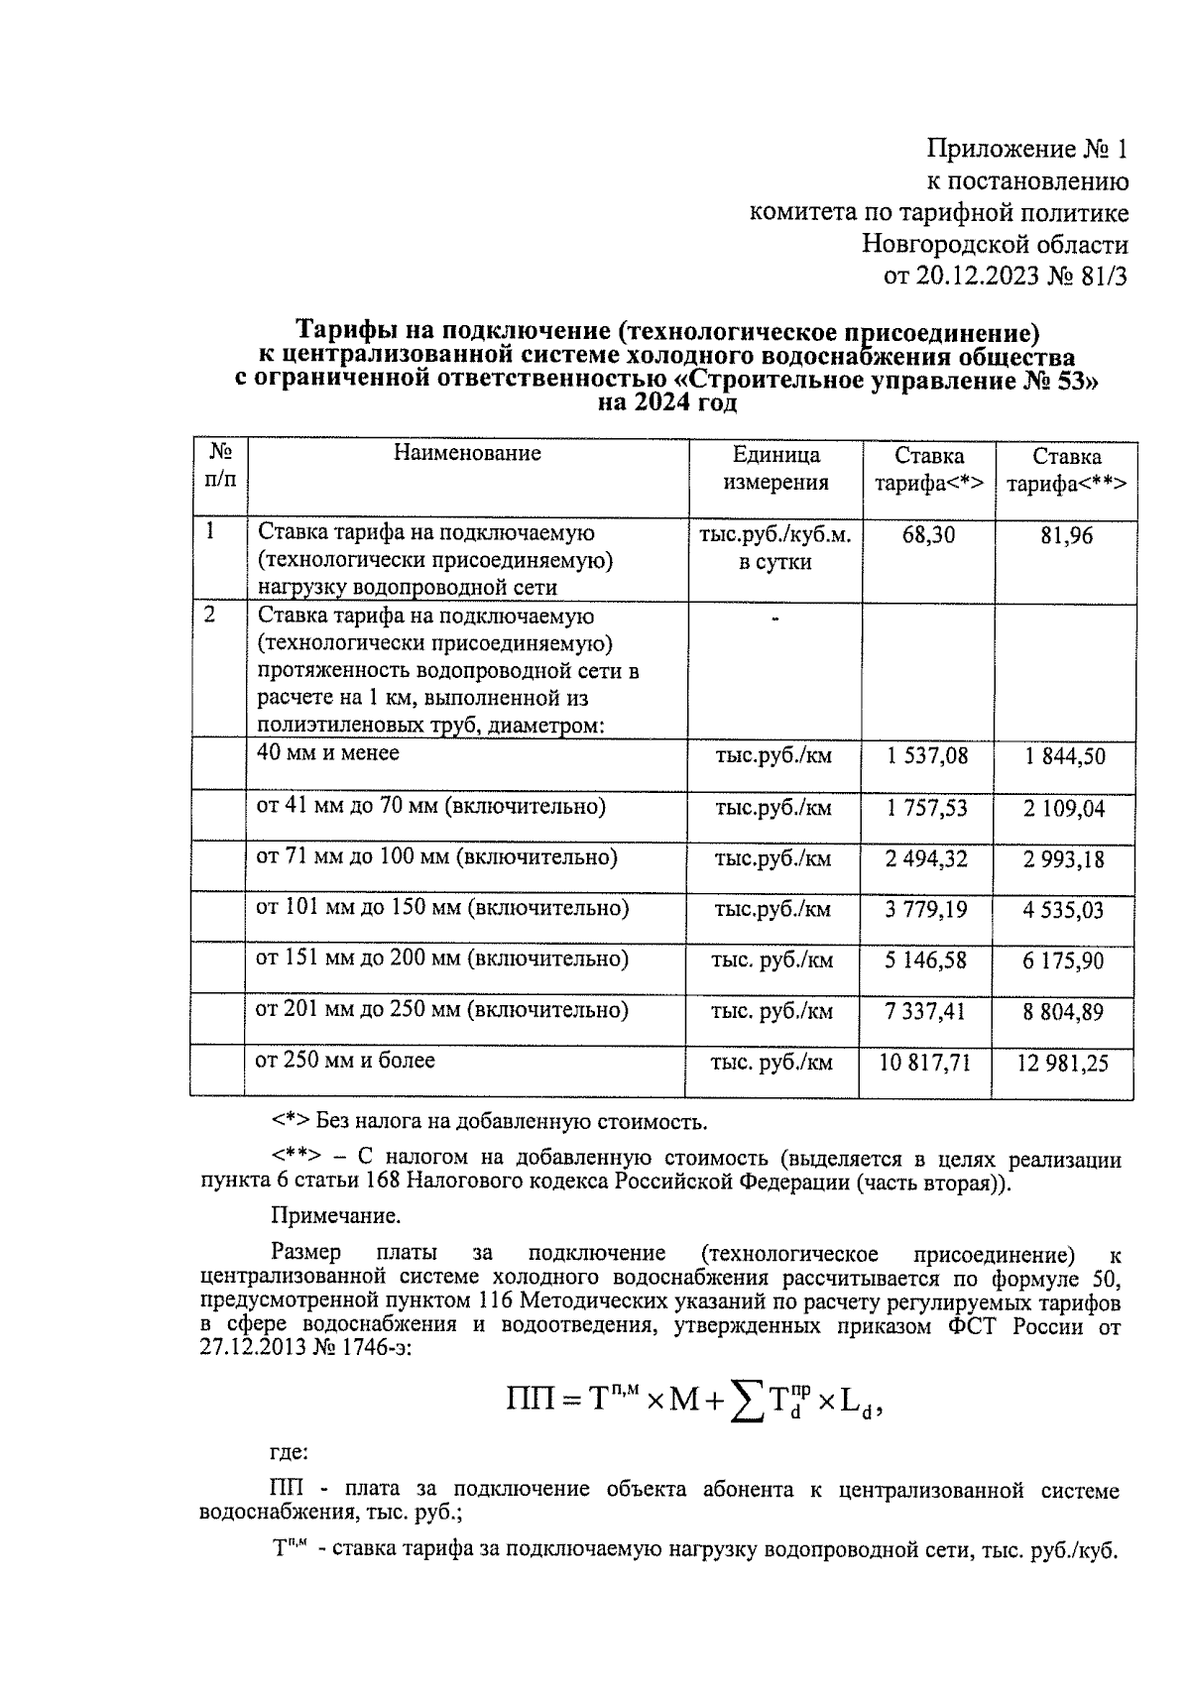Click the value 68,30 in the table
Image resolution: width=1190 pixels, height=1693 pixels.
(x=928, y=535)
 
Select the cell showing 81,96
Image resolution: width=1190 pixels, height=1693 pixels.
(x=1066, y=536)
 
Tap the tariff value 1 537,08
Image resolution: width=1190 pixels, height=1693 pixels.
(x=927, y=757)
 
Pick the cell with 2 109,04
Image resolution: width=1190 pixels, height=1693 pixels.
(x=1064, y=809)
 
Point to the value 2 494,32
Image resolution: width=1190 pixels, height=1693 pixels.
(x=926, y=859)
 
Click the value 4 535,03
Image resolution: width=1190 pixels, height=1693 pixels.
(x=1064, y=910)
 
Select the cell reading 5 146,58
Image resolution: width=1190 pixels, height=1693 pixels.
(x=926, y=960)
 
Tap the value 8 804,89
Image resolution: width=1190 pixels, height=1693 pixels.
(x=1064, y=1012)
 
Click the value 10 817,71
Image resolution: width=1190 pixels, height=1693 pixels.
(x=924, y=1064)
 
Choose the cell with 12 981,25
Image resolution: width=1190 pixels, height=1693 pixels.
(x=1063, y=1065)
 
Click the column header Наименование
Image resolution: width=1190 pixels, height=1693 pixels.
(x=467, y=454)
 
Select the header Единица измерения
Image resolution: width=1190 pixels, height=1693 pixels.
(x=775, y=469)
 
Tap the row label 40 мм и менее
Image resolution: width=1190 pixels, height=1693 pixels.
(x=328, y=753)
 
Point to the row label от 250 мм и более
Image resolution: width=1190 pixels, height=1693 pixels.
(x=345, y=1061)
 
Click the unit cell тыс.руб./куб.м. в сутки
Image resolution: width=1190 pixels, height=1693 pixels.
(x=775, y=548)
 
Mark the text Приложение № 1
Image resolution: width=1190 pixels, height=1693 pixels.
(x=1027, y=150)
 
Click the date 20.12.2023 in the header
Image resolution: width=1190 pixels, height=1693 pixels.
(x=977, y=277)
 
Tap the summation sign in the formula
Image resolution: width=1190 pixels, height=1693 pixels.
(x=747, y=1400)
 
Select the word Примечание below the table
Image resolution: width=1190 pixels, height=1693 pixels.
(x=335, y=1215)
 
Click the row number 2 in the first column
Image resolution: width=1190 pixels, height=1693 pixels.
(x=210, y=615)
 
